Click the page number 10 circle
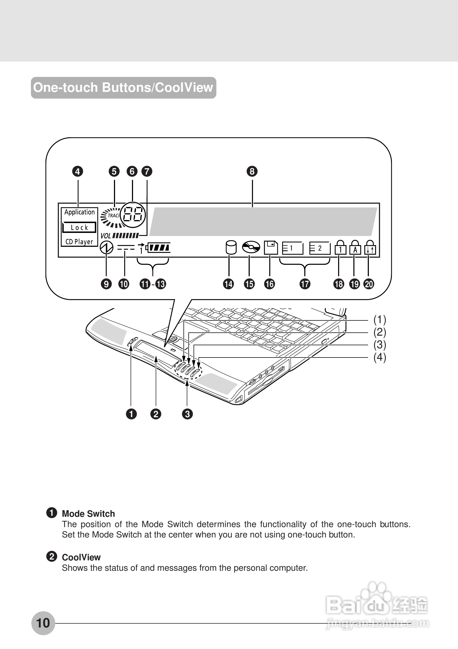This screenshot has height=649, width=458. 43,623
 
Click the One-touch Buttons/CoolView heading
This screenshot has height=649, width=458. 123,88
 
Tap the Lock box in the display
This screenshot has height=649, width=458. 79,227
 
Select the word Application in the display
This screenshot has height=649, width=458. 79,212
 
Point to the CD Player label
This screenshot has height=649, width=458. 79,242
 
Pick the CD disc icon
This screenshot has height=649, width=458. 251,247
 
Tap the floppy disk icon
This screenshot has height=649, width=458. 271,248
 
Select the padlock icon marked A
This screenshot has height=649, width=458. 355,248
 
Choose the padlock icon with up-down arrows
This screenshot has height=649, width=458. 370,248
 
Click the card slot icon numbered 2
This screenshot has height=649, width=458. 320,248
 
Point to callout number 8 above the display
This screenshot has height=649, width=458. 252,171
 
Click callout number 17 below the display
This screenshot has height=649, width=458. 305,284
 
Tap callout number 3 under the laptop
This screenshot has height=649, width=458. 187,414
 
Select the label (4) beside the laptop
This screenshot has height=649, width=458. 379,357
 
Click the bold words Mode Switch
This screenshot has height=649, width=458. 88,513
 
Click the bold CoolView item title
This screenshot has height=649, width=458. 81,557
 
